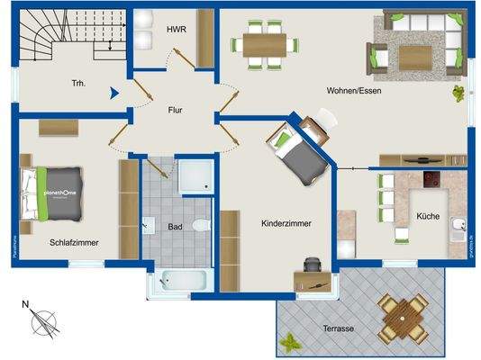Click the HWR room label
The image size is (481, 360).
pos(176,30)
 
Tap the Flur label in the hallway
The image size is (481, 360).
pos(176,112)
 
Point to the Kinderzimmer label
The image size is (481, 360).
pos(286,223)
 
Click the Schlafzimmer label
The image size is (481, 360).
pos(73,242)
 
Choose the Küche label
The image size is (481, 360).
pos(428,217)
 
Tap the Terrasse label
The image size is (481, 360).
pos(333,328)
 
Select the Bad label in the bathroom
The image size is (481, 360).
pos(176,226)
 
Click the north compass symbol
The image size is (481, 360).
pos(41,320)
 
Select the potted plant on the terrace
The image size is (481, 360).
pos(291,343)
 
